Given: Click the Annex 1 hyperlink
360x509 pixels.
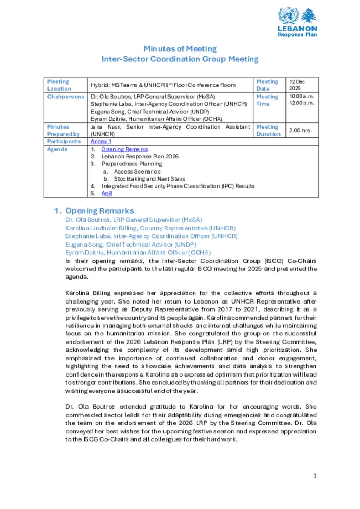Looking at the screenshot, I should click(x=101, y=141).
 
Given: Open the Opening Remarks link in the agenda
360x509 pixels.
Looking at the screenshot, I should click(x=124, y=149).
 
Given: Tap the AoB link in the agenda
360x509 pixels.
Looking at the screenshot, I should click(x=107, y=193).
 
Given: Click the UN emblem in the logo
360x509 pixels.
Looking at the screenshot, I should click(x=288, y=16).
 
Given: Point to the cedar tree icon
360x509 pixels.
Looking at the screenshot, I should click(x=309, y=16).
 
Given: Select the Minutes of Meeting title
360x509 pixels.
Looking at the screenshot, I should click(x=180, y=49).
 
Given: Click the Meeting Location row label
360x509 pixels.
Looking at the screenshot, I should click(x=59, y=85).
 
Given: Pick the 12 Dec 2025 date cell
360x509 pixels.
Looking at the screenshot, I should click(x=297, y=85).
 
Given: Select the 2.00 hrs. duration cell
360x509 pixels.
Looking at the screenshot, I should click(x=300, y=130).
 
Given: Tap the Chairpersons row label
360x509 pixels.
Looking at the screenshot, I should click(x=66, y=97).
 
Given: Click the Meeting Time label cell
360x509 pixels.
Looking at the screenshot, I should click(x=267, y=100).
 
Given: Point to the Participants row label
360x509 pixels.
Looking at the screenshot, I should click(x=64, y=141).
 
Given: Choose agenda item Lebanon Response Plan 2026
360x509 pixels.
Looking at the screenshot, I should click(x=140, y=156).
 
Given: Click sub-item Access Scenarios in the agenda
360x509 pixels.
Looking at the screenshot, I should click(x=137, y=171).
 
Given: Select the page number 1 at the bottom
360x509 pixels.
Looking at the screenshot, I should click(x=315, y=475).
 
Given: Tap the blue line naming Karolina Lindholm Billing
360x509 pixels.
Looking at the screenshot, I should click(x=150, y=228).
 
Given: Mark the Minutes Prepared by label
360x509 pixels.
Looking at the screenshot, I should click(x=64, y=130).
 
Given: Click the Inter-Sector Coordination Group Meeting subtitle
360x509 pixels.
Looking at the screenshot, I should click(x=180, y=59).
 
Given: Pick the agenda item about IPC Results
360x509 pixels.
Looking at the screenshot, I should click(x=178, y=186).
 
